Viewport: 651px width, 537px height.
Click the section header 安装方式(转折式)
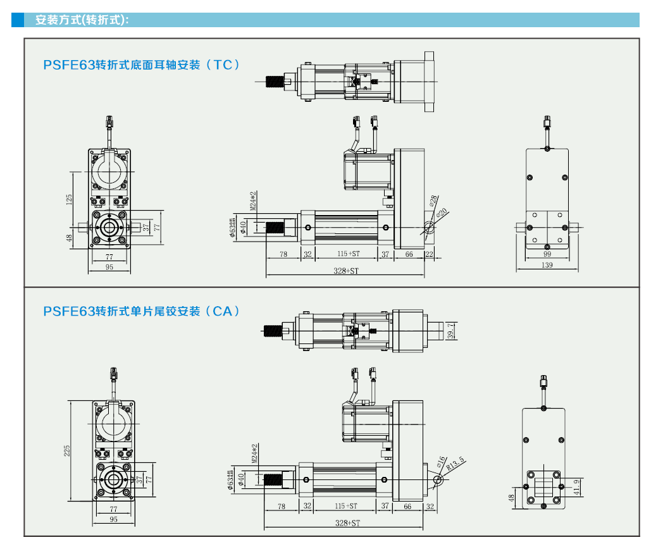(x=82, y=20)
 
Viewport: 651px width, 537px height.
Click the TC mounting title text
(x=142, y=65)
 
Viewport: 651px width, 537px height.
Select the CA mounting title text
(x=142, y=311)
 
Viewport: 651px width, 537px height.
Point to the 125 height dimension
(x=69, y=199)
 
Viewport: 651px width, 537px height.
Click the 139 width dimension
(x=547, y=265)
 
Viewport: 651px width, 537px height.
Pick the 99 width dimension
(x=547, y=254)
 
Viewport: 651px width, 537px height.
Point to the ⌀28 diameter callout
(x=433, y=201)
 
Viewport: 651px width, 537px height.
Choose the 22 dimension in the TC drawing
(x=430, y=254)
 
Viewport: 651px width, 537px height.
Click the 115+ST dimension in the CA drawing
(x=347, y=506)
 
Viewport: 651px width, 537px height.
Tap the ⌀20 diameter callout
(x=442, y=212)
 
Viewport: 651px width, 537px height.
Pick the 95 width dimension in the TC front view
(x=109, y=268)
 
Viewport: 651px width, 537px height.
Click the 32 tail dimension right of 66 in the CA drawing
(x=430, y=506)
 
